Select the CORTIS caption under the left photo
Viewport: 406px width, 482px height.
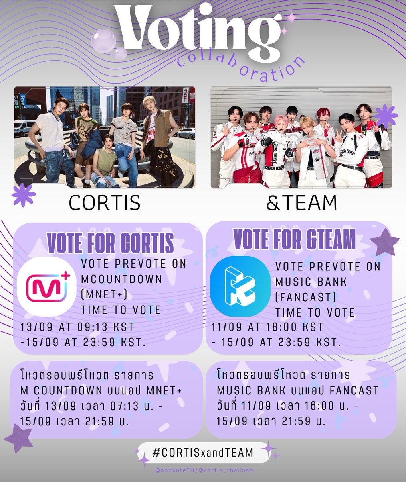(x=105, y=203)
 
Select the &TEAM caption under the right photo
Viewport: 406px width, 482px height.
(x=301, y=203)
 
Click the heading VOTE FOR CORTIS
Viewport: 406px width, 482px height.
(x=111, y=242)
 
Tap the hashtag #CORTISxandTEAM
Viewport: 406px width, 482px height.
(x=203, y=453)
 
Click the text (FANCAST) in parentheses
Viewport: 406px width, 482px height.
(x=305, y=297)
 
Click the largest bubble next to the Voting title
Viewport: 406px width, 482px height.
(x=103, y=41)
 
